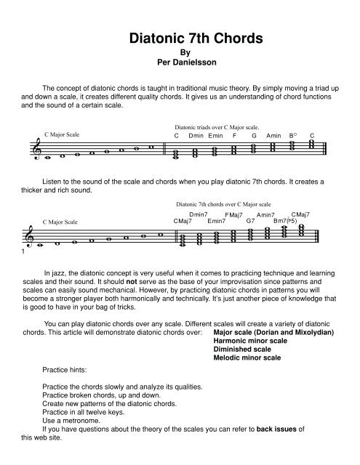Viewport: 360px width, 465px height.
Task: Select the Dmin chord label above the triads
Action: click(196, 136)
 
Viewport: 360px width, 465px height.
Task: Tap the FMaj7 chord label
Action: click(233, 215)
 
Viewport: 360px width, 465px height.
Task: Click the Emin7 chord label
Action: click(217, 221)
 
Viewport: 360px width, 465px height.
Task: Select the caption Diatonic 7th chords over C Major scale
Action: click(224, 205)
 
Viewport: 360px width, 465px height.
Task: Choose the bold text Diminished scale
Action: click(245, 349)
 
